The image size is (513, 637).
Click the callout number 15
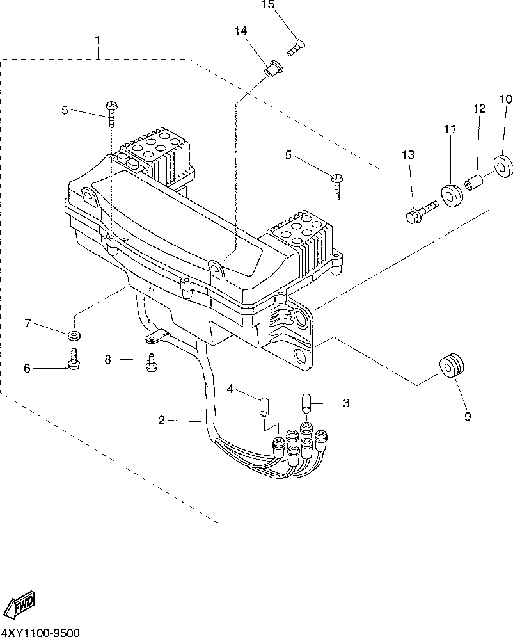(x=268, y=5)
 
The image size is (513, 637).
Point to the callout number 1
(x=98, y=40)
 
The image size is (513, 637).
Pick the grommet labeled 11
(x=451, y=195)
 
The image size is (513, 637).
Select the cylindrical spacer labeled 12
(x=474, y=183)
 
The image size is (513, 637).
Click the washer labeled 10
(x=503, y=166)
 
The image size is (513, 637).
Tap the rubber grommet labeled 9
(x=452, y=366)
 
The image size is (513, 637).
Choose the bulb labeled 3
(x=306, y=402)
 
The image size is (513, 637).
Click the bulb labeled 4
(x=264, y=407)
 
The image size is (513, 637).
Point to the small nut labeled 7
(x=74, y=335)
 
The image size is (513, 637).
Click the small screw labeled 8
(x=151, y=362)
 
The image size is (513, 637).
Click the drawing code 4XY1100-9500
(x=40, y=632)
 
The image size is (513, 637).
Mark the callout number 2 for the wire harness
(x=162, y=420)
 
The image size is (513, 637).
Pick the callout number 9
(x=468, y=416)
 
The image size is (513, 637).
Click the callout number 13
(x=408, y=154)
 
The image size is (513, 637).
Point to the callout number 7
(x=28, y=323)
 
